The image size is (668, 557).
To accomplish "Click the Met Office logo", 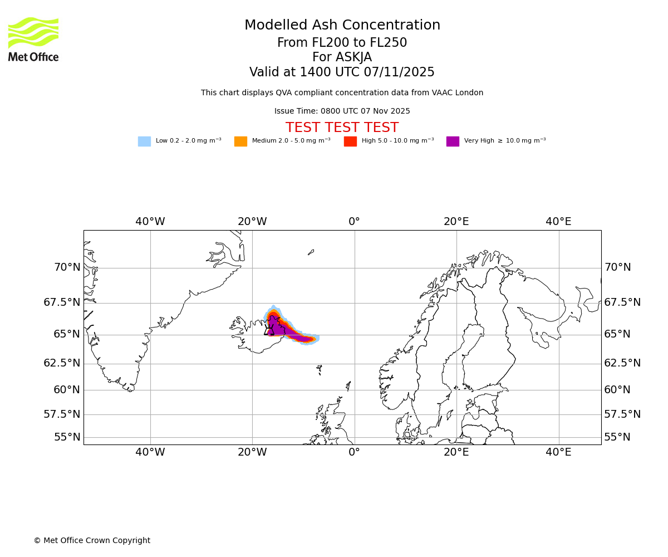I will click(33, 39).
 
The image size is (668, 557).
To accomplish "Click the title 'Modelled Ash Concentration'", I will click(342, 26).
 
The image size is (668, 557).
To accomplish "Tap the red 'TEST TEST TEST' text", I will click(342, 128).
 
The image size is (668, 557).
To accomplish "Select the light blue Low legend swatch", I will click(144, 141).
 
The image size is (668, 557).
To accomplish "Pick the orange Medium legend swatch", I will click(240, 141).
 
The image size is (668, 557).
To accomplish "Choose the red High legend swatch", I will click(350, 141).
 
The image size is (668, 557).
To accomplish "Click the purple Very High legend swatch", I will click(453, 141).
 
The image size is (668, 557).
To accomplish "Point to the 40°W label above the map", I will click(150, 222).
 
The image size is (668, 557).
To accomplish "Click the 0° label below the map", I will click(354, 452).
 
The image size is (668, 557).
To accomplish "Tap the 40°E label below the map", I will click(558, 452).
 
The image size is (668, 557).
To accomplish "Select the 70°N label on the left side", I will click(67, 267).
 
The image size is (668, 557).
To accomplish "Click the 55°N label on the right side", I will click(617, 437).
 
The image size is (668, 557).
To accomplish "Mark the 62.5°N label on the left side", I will click(62, 363).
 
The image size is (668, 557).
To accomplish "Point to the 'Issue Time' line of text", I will click(342, 111).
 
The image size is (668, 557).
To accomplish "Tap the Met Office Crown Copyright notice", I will click(92, 540).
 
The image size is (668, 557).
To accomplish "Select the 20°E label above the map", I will click(456, 222).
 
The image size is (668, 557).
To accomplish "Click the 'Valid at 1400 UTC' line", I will click(342, 72).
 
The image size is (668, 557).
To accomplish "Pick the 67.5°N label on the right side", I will click(622, 302).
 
